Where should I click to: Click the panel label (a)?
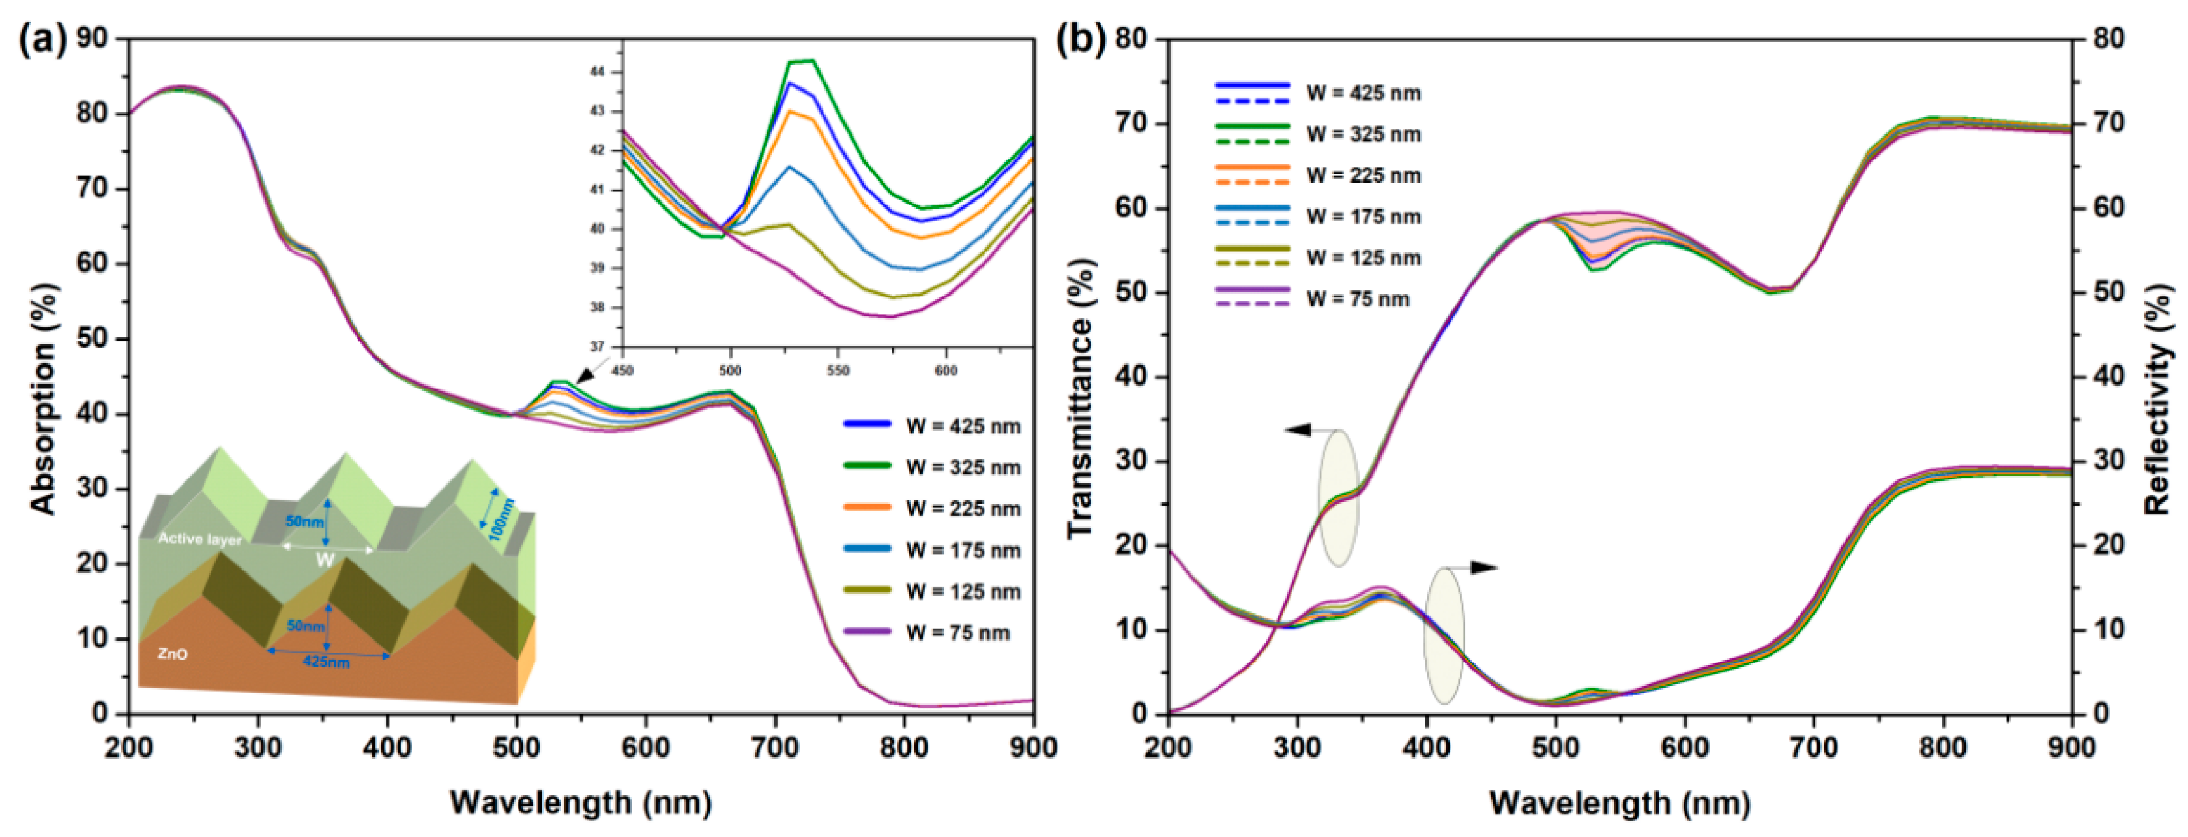(x=42, y=40)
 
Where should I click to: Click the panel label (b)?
(x=1081, y=40)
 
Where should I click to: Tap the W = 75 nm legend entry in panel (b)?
(x=1356, y=299)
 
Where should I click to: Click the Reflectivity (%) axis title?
(x=2157, y=399)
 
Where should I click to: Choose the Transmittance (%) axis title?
(x=1079, y=399)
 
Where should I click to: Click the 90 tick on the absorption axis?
(x=93, y=38)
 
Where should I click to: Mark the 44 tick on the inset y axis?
(x=597, y=72)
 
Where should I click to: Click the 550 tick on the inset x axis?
(x=838, y=371)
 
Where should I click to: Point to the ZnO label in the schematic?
(x=173, y=654)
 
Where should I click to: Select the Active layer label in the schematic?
(x=199, y=539)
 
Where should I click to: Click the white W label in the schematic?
(x=325, y=559)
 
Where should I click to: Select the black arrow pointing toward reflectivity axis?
(x=1482, y=568)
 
